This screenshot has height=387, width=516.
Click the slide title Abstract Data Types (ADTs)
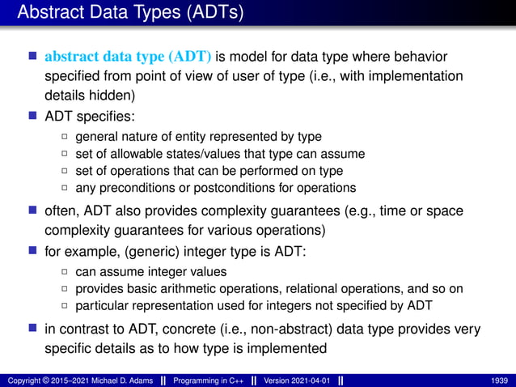129,13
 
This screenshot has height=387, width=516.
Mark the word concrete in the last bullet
172,330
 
